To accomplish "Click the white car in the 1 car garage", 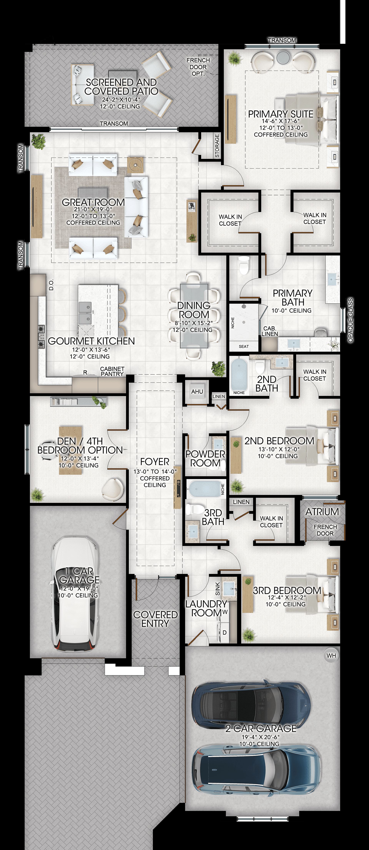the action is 75,594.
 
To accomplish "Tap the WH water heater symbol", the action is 331,656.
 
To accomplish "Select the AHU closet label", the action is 197,392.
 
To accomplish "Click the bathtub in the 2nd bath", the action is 239,375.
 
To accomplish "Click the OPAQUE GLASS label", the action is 351,320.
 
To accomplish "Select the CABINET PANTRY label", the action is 112,371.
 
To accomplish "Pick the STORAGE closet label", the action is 217,145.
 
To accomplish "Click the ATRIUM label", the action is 322,512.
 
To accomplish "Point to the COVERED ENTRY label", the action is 155,619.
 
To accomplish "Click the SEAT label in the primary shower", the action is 244,347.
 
